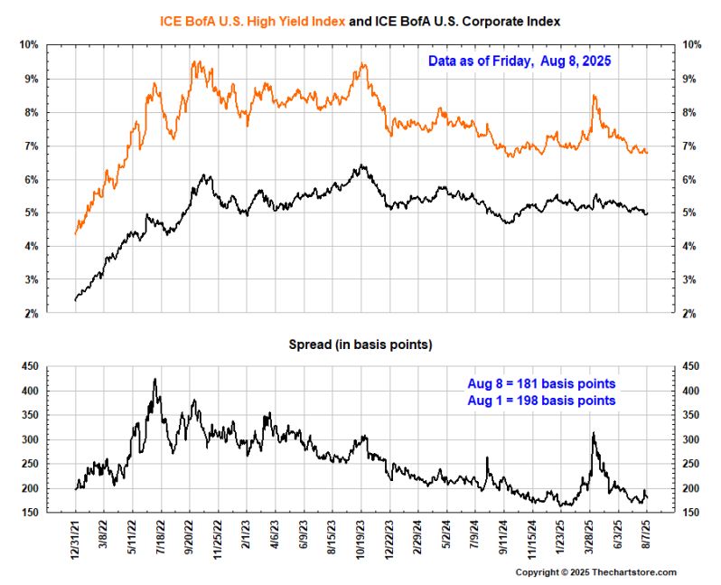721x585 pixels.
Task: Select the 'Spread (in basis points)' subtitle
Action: pos(360,344)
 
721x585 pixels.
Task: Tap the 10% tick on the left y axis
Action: pos(30,45)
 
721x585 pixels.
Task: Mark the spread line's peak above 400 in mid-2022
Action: pos(154,380)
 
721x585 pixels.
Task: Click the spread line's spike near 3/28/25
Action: pos(593,434)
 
